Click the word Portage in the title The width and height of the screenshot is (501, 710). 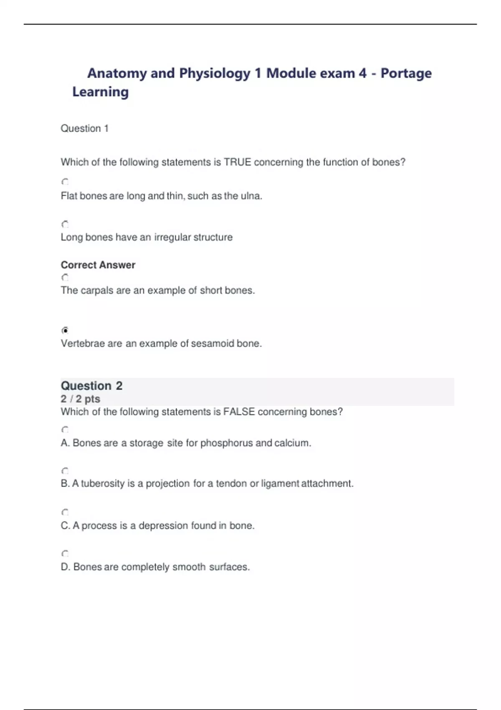point(406,74)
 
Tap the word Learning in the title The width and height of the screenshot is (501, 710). point(100,92)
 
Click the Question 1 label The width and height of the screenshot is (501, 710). point(84,129)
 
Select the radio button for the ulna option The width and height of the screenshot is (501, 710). point(65,182)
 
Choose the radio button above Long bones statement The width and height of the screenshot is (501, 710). point(65,224)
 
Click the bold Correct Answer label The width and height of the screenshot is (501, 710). point(98,265)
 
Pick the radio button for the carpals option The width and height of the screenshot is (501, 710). point(65,277)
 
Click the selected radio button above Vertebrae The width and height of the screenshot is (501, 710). point(65,330)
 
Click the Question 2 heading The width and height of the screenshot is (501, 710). point(91,385)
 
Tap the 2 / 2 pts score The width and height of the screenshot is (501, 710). point(80,399)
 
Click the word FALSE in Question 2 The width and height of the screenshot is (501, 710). point(239,412)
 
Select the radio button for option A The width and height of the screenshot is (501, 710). point(65,429)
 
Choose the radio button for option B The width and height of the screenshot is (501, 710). point(65,471)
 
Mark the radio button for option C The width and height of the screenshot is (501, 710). point(65,512)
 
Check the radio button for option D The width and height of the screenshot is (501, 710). point(65,553)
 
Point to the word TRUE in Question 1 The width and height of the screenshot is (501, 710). point(237,162)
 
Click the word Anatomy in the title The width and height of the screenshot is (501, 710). point(117,74)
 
